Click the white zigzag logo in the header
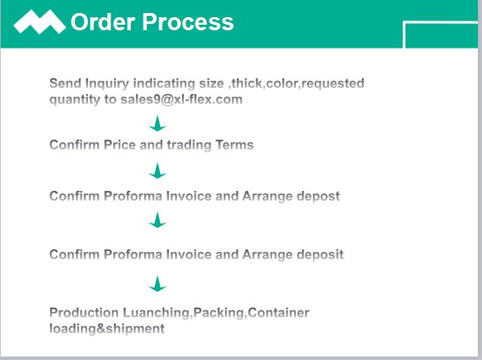(39, 21)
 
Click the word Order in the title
(103, 22)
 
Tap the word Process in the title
(188, 22)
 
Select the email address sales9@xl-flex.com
(181, 99)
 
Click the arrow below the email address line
(157, 124)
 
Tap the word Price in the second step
(119, 144)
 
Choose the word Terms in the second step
(235, 144)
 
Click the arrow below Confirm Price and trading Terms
(157, 170)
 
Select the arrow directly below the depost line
(157, 220)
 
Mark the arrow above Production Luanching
(157, 283)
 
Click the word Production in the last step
(84, 313)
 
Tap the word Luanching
(157, 313)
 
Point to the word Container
(279, 313)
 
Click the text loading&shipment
(107, 329)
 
